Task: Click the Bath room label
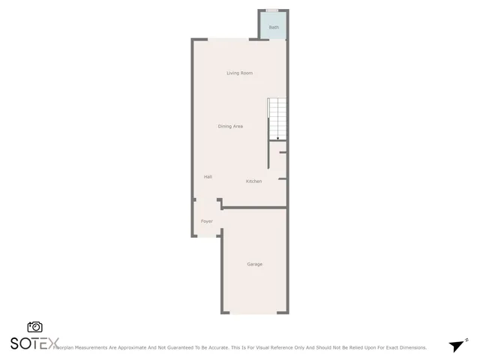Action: [x=274, y=27]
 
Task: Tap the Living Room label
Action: [x=240, y=73]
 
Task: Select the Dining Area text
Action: [x=230, y=126]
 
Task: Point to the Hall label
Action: [x=208, y=176]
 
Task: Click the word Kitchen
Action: [x=254, y=181]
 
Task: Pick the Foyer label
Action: [x=207, y=221]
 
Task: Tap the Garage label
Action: [x=255, y=264]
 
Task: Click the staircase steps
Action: [x=277, y=116]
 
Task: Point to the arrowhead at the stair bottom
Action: [x=277, y=138]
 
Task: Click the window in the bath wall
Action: [x=273, y=10]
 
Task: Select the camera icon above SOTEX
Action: [x=34, y=327]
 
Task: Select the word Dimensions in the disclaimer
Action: [x=411, y=348]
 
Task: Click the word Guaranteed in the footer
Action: [x=202, y=348]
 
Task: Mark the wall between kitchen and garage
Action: [x=253, y=207]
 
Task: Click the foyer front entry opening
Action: [x=206, y=236]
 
